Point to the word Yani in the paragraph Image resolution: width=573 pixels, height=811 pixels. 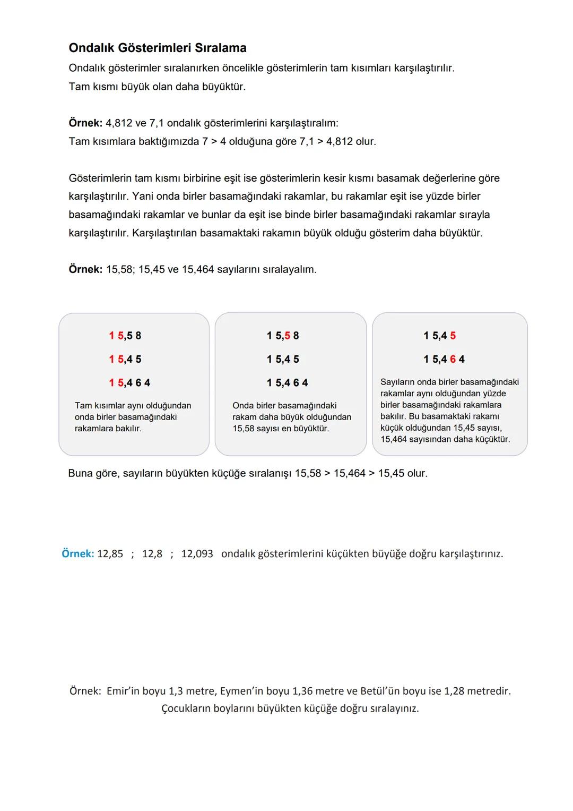pos(143,197)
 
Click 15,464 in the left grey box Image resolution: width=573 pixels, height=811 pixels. pos(129,382)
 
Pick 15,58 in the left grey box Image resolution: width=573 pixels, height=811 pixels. pos(125,336)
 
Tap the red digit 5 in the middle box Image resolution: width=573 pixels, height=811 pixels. pos(288,336)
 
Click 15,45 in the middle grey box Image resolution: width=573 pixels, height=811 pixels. pos(283,359)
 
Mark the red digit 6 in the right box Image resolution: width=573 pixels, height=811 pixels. pos(453,359)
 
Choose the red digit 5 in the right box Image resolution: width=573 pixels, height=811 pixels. pos(453,336)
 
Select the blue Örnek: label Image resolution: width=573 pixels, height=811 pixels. pos(77,554)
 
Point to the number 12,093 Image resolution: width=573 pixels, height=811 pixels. pos(197,554)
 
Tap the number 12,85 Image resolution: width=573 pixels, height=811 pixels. pos(110,554)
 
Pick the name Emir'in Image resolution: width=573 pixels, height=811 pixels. pos(123,691)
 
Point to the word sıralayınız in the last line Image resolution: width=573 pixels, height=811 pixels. pos(393,708)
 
